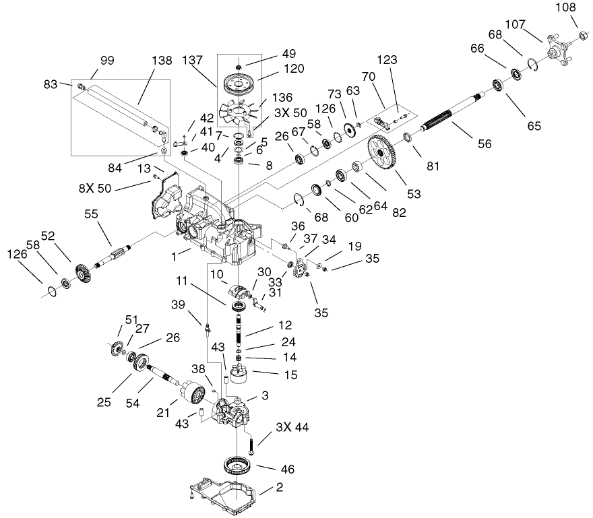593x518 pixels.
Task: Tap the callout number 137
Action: click(193, 60)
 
